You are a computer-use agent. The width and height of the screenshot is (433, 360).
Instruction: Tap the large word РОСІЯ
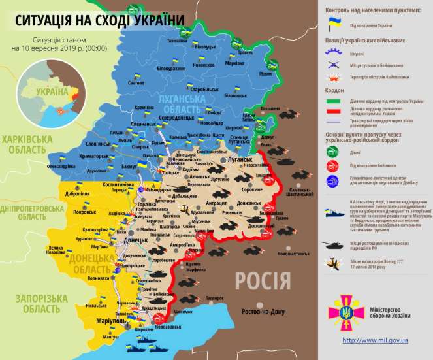[263, 282]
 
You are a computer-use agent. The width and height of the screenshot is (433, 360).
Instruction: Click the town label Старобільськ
[200, 88]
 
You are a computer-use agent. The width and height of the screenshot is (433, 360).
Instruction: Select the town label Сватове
[135, 83]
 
